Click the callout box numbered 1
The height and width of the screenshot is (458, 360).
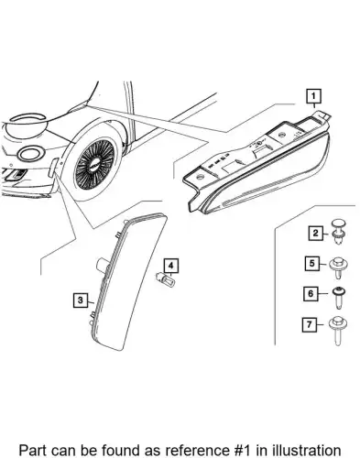coord(314,96)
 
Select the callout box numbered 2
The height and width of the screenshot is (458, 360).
coord(315,234)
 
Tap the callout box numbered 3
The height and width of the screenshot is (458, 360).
coord(81,300)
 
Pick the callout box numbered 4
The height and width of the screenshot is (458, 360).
coord(171,266)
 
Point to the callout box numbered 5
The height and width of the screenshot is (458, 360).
coord(311,263)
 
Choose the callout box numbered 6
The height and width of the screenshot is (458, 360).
coord(311,294)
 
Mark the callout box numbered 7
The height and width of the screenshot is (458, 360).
coord(310,324)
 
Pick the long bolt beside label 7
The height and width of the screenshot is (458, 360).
coord(337,331)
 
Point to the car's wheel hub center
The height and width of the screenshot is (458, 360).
coord(94,164)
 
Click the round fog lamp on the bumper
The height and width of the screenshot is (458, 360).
coord(30,154)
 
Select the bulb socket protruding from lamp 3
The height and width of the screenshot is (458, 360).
coord(102,264)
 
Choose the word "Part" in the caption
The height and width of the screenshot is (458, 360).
coord(32,451)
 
